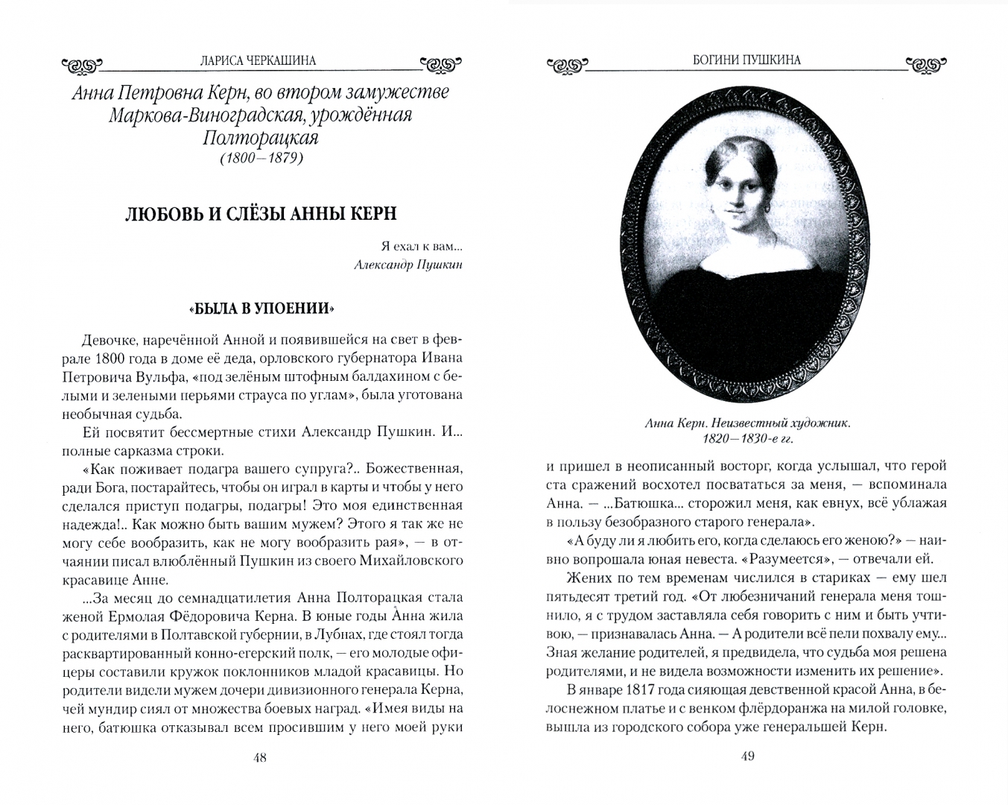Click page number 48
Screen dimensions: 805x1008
click(x=259, y=758)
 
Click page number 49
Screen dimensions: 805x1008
click(x=748, y=757)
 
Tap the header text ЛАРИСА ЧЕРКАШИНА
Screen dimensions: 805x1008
click(x=260, y=61)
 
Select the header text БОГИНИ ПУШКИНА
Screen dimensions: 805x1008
click(x=747, y=60)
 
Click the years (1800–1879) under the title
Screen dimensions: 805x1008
click(x=260, y=158)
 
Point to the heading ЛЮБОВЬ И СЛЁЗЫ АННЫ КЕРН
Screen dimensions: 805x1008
click(x=260, y=214)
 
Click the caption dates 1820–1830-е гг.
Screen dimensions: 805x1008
click(x=748, y=438)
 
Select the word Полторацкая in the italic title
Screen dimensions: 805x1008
click(x=260, y=139)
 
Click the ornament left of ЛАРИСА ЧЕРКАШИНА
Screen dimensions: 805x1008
click(x=81, y=66)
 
